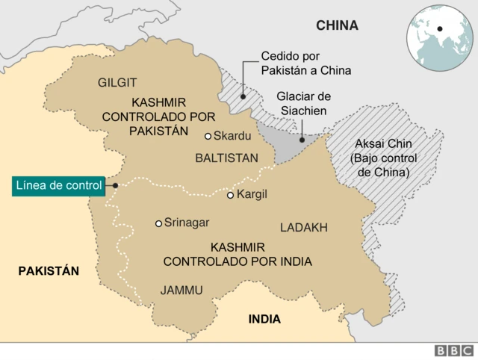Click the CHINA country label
point(337,25)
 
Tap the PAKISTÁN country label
point(49,271)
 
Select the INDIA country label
point(264,319)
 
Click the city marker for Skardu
point(208,136)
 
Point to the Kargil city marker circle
point(231,195)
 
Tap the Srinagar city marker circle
point(158,223)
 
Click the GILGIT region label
point(117,82)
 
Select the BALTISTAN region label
point(226,158)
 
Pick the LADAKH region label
point(303,227)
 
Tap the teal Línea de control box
point(58,185)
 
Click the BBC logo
point(453,350)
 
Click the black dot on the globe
point(441,29)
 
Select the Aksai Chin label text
point(383,158)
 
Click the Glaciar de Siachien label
point(303,104)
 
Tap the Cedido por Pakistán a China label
point(305,63)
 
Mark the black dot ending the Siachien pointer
point(302,139)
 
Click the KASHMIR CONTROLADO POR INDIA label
point(238,254)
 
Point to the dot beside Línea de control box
point(115,185)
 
